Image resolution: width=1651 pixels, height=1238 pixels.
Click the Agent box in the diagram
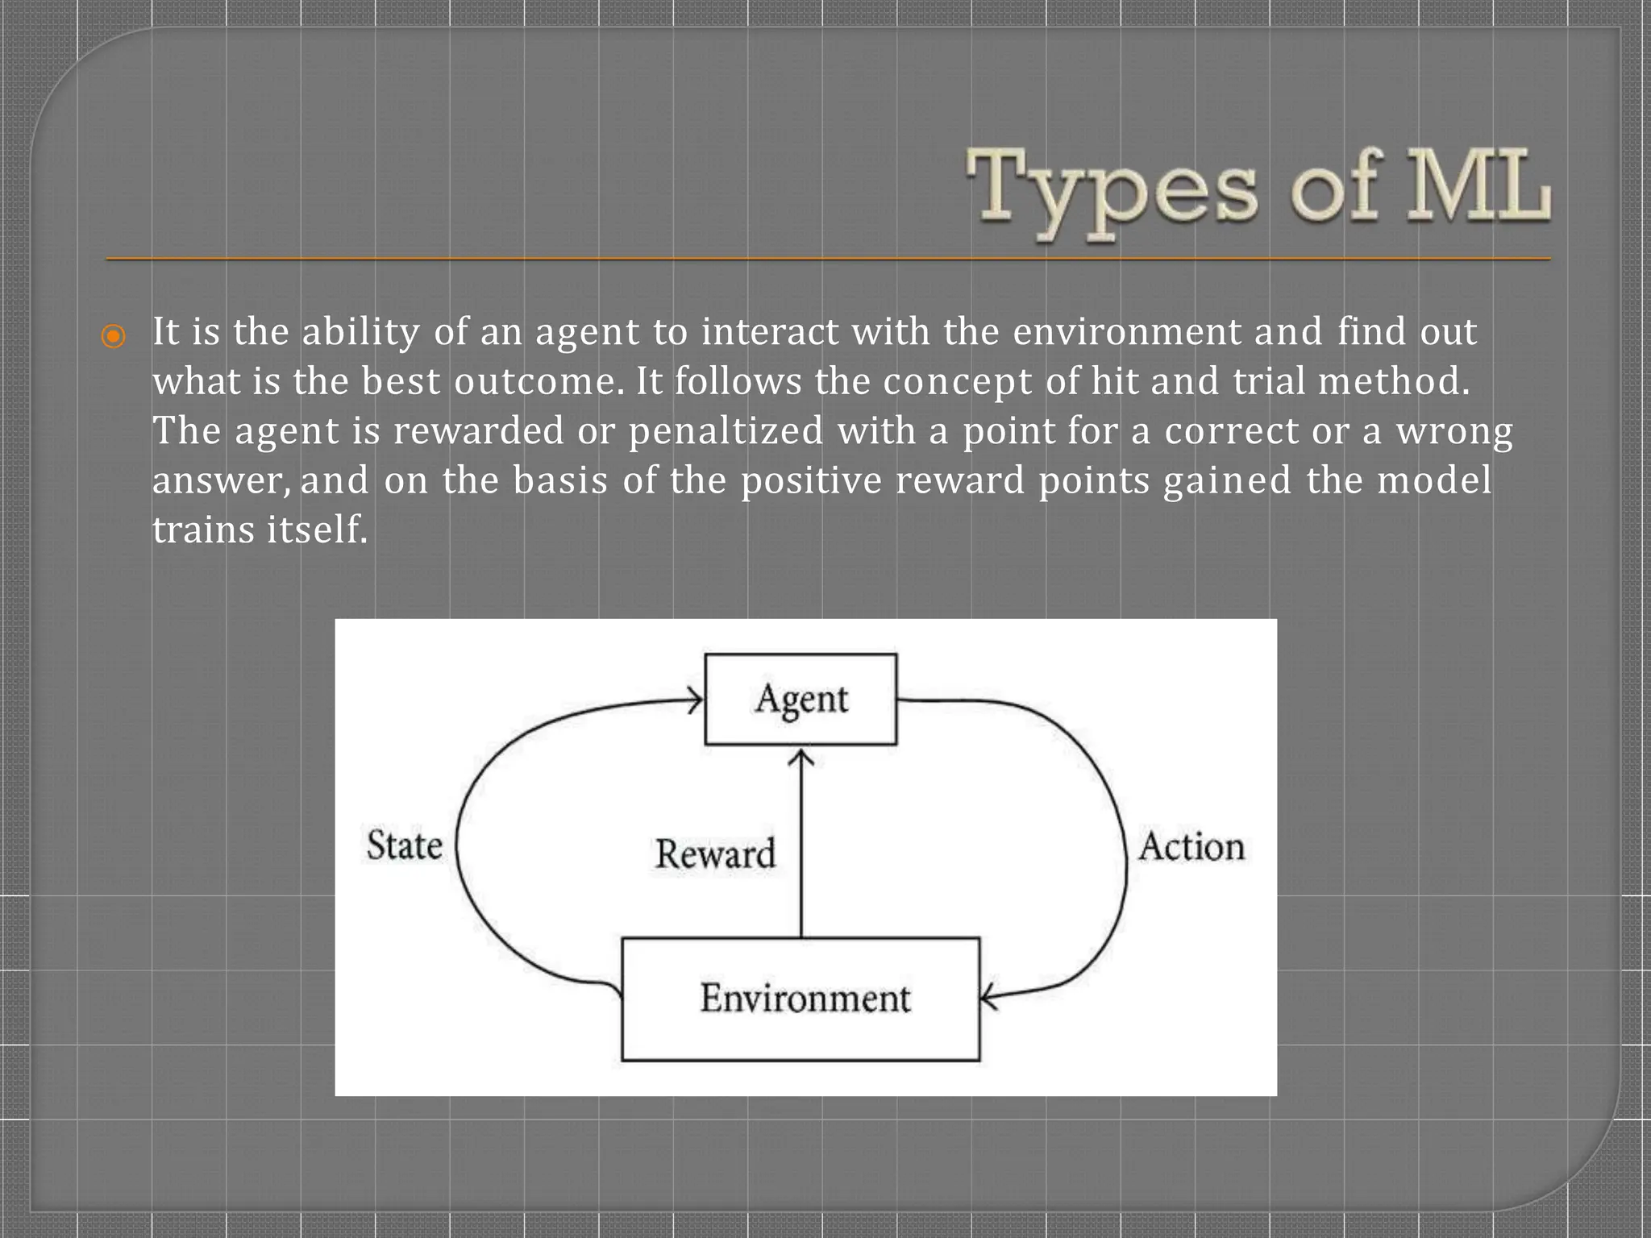(x=801, y=699)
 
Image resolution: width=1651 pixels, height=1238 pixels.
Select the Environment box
(x=801, y=999)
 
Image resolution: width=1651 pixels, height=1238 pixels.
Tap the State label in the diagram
(x=405, y=845)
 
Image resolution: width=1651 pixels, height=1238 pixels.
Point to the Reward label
(x=715, y=854)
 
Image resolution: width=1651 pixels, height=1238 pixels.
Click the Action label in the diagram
(x=1191, y=847)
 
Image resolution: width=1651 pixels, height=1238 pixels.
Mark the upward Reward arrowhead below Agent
(x=801, y=758)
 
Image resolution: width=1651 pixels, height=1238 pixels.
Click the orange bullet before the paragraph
(x=114, y=335)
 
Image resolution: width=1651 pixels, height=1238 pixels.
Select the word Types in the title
(x=1112, y=190)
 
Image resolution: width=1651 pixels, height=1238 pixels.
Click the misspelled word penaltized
(x=726, y=431)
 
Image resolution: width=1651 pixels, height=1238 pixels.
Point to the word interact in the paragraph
(x=770, y=332)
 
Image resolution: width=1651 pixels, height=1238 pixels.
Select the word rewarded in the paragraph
(x=478, y=431)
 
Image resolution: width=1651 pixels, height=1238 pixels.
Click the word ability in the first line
(x=360, y=332)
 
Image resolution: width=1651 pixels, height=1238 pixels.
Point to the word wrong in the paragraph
(x=1454, y=431)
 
